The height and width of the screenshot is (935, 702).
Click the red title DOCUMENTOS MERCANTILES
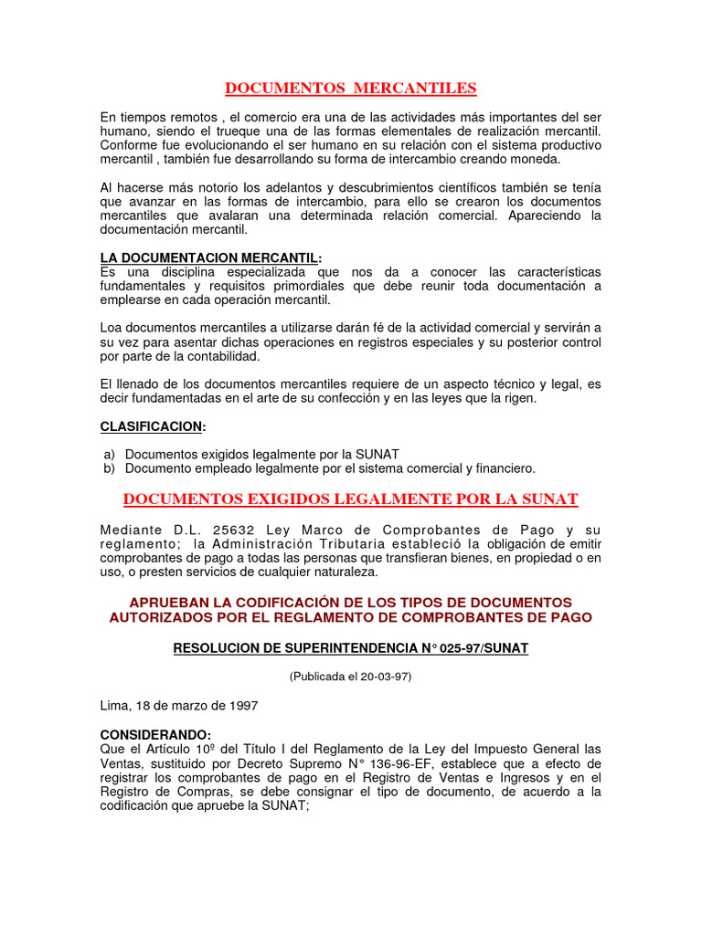[351, 88]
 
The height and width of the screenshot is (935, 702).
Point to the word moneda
[536, 159]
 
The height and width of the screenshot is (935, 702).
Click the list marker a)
[109, 454]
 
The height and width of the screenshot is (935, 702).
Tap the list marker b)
[109, 467]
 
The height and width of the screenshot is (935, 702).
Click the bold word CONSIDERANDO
[154, 735]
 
